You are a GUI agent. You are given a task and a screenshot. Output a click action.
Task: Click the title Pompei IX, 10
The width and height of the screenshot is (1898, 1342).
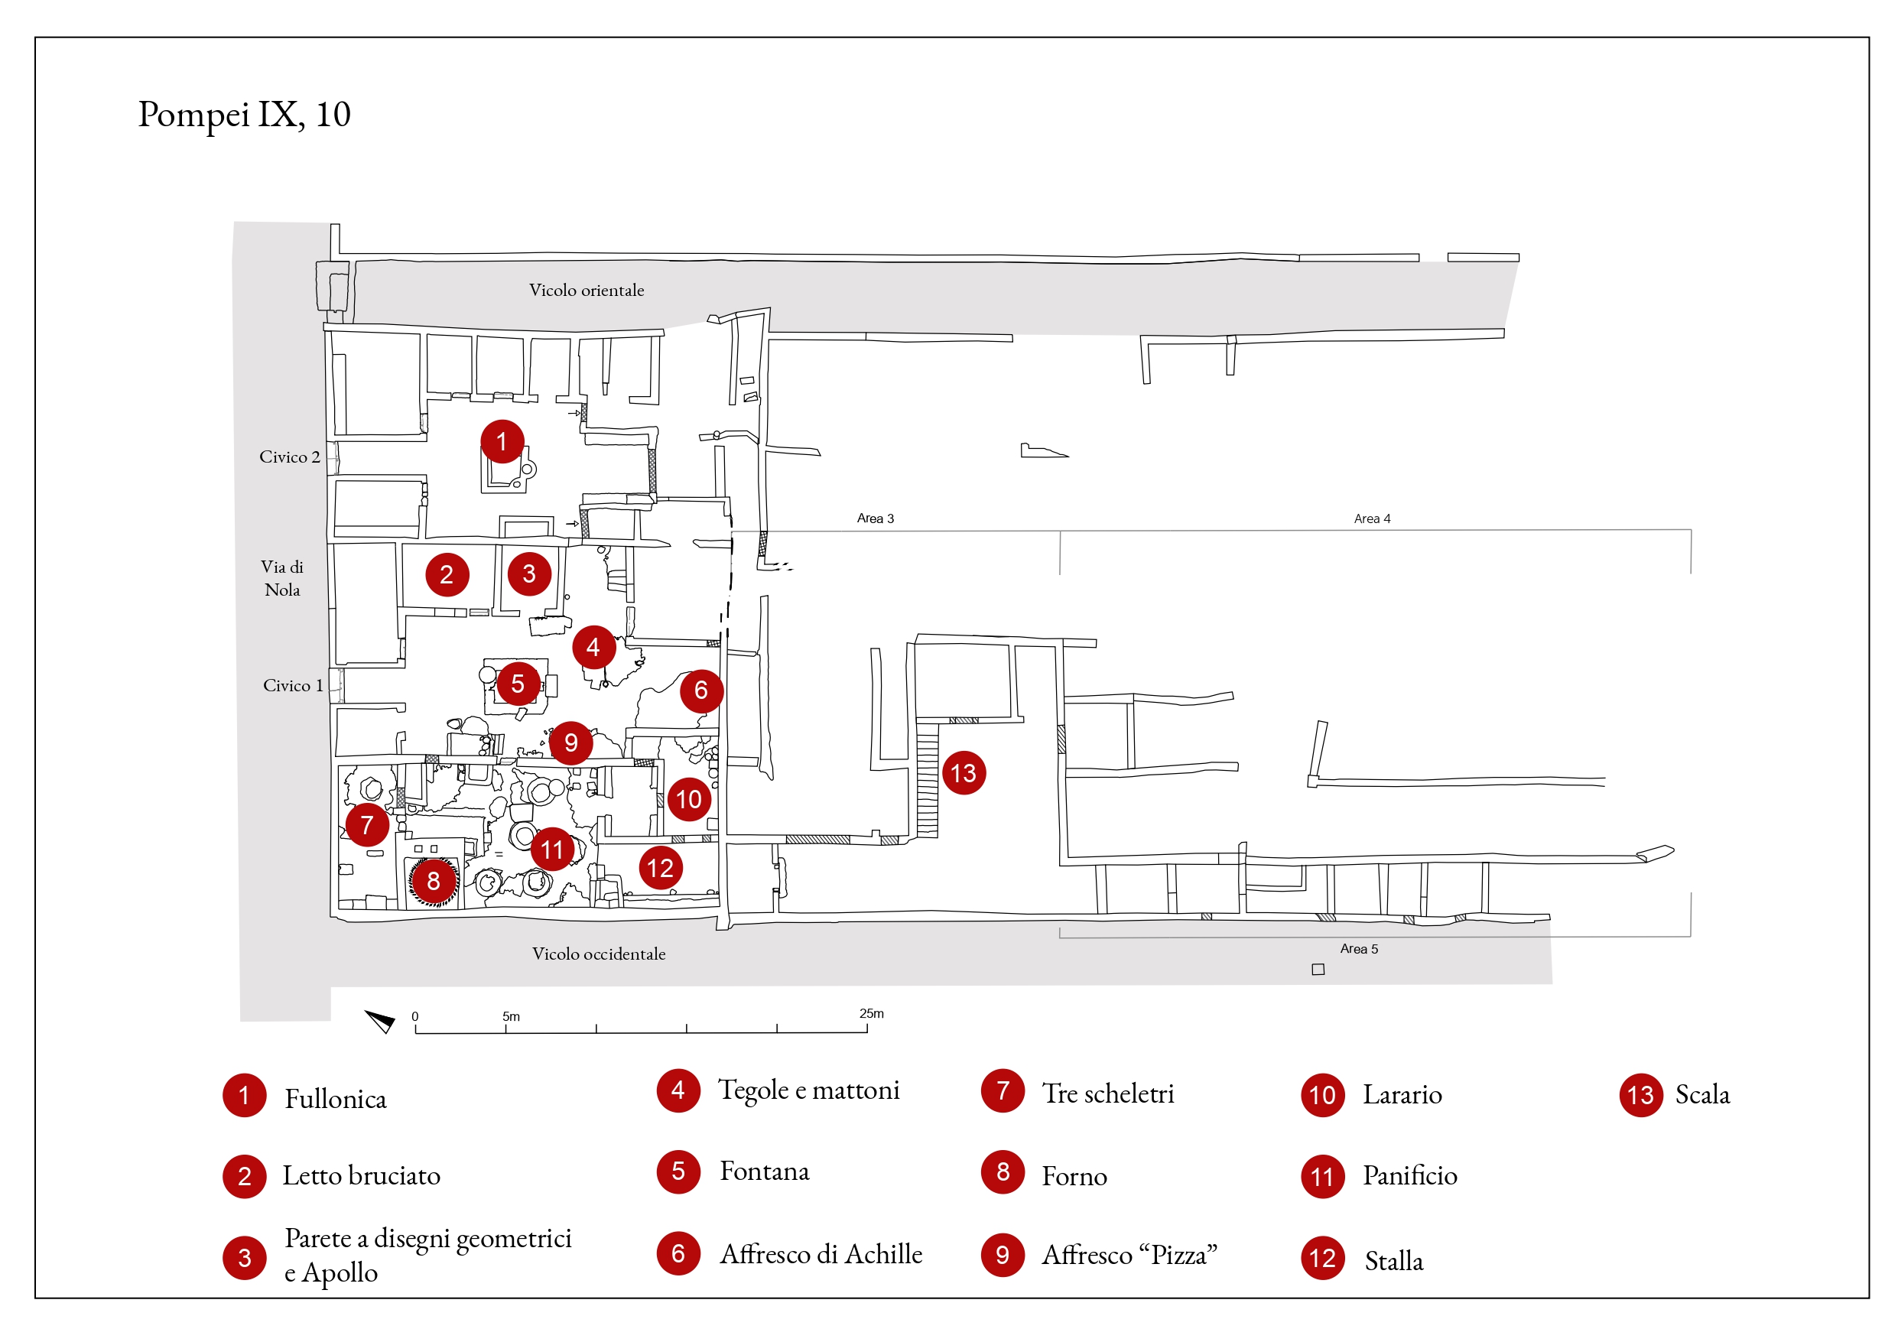click(244, 114)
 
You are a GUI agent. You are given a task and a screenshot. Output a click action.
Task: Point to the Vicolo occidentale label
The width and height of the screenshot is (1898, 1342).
click(599, 954)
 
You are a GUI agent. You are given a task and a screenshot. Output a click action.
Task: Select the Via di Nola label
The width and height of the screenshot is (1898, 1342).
click(282, 578)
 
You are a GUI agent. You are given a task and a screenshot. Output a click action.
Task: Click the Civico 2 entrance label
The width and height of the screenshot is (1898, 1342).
click(289, 457)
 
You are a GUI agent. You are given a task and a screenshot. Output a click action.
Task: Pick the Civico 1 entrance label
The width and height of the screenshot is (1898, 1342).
click(293, 685)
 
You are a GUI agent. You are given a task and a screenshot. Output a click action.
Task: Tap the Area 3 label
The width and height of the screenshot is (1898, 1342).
click(875, 518)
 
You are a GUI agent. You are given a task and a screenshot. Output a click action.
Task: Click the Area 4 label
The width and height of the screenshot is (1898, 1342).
click(1371, 518)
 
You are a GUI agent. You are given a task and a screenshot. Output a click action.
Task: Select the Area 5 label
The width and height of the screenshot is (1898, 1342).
click(1358, 948)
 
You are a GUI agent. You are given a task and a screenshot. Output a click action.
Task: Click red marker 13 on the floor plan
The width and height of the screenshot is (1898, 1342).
click(963, 773)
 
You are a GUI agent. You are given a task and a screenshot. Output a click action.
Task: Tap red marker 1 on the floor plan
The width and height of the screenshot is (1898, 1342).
click(502, 441)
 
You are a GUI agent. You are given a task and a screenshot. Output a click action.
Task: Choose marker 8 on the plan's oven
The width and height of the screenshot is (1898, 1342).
click(433, 881)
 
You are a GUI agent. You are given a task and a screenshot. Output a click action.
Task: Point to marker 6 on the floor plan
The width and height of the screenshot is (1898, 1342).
click(701, 690)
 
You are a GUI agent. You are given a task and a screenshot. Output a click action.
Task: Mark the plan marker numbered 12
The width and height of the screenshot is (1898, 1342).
click(660, 868)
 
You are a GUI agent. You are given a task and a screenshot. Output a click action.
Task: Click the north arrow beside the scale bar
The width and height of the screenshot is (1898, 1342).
click(381, 1021)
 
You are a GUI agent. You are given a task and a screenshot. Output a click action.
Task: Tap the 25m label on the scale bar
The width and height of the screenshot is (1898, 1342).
click(870, 1014)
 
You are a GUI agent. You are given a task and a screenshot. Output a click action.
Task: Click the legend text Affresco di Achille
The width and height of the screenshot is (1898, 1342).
click(820, 1254)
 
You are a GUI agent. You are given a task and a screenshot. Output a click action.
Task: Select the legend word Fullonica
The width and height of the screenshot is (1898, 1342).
click(336, 1099)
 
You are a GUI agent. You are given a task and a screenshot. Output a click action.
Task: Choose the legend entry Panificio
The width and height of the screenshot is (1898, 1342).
click(1409, 1176)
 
